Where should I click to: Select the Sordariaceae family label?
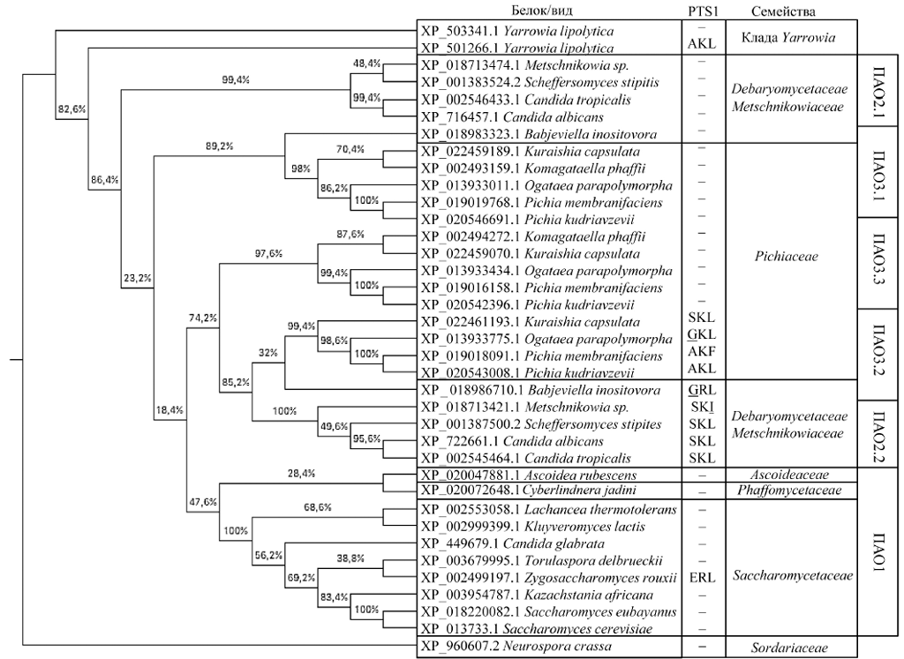click(x=790, y=648)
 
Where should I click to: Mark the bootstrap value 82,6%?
click(x=72, y=109)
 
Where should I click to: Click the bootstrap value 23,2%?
click(x=135, y=279)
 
